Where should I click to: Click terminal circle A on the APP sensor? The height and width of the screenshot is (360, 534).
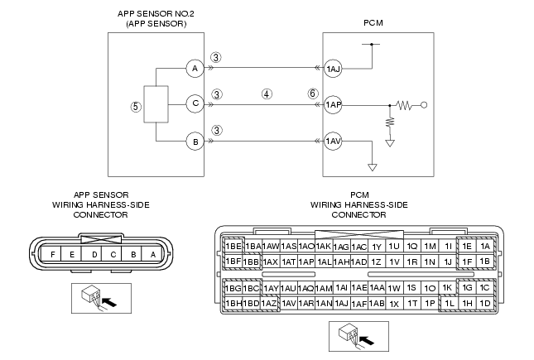tap(195, 69)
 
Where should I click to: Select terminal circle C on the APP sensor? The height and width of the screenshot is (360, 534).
tap(195, 103)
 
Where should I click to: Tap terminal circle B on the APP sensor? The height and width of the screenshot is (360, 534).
tap(195, 142)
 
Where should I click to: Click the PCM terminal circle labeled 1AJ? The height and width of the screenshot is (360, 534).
tap(333, 70)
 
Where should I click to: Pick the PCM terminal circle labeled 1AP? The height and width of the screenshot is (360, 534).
tap(333, 104)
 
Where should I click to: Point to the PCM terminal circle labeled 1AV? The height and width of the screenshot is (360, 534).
tap(333, 141)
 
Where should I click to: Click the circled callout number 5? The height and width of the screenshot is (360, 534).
tap(136, 107)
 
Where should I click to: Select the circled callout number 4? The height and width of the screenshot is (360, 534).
tap(267, 94)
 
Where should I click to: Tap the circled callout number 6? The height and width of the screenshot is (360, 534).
tap(313, 94)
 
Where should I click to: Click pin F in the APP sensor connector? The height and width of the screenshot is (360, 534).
tap(52, 254)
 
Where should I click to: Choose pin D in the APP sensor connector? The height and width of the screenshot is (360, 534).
tap(94, 254)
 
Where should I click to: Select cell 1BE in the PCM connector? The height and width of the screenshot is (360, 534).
tap(233, 246)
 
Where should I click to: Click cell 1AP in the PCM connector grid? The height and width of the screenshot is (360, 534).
tap(306, 262)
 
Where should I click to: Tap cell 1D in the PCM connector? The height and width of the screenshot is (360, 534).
tap(485, 303)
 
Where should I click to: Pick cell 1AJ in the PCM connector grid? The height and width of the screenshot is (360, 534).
tap(341, 303)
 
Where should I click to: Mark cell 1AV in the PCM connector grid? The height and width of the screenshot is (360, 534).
tap(288, 303)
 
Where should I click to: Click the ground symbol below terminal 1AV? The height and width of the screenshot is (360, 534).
tap(373, 167)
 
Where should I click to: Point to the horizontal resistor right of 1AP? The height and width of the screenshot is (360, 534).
tap(404, 105)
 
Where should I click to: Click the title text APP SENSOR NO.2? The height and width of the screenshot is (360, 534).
tap(156, 14)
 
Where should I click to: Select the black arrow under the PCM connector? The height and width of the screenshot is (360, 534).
tap(367, 340)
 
